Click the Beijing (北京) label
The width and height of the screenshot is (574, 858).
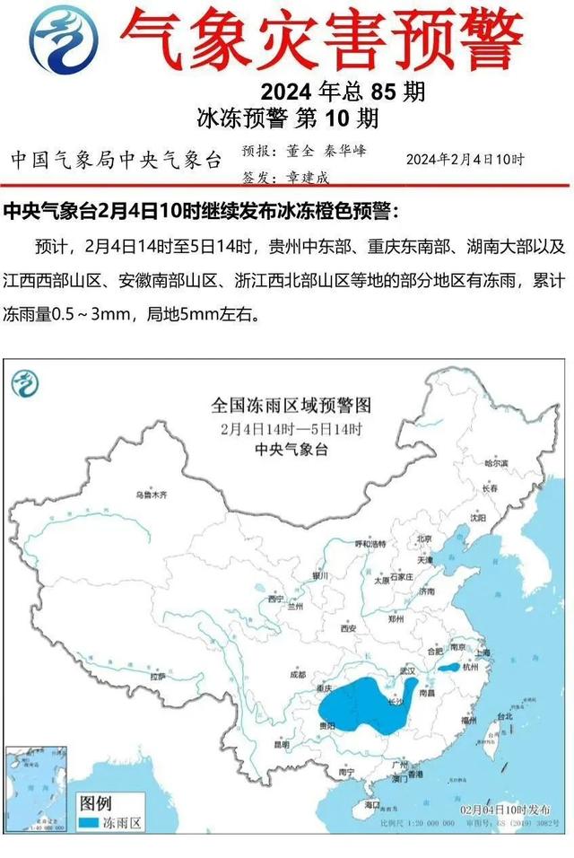[x=425, y=539]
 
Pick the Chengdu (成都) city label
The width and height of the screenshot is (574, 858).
[x=299, y=675]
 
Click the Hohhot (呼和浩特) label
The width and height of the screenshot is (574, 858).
[x=370, y=544]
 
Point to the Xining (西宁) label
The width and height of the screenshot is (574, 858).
[x=275, y=598]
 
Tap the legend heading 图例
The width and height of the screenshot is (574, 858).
[x=96, y=801]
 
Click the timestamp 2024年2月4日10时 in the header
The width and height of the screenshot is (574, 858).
[x=465, y=159]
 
